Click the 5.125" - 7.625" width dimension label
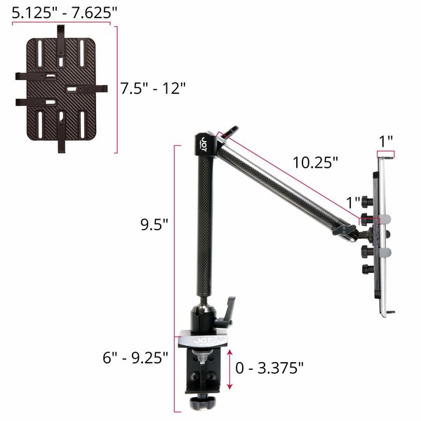(65, 13)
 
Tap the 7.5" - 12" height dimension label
(153, 88)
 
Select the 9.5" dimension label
(154, 225)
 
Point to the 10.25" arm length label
(315, 163)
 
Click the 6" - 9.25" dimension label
(135, 357)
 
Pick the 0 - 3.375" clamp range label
(269, 368)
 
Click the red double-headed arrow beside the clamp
(229, 369)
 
